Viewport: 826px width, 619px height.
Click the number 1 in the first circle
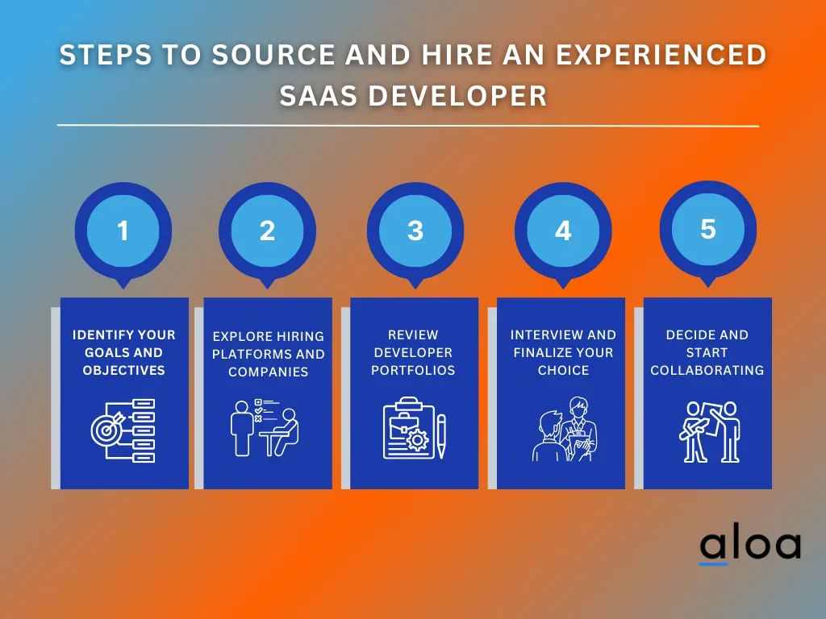point(123,231)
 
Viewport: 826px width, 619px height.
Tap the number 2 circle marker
point(267,231)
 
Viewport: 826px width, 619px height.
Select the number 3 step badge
point(415,231)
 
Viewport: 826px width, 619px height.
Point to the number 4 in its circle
point(563,231)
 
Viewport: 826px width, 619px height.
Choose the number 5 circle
point(708,230)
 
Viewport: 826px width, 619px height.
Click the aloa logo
point(750,547)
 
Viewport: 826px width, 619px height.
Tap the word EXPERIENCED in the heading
point(661,55)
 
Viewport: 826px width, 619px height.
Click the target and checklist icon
point(123,430)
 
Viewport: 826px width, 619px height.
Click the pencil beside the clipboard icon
point(441,436)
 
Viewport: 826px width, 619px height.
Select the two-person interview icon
point(564,429)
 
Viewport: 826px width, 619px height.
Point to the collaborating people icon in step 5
point(708,432)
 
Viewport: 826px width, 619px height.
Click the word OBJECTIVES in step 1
point(123,370)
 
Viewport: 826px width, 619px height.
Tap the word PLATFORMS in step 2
point(246,355)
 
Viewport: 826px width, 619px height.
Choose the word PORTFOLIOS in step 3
point(413,370)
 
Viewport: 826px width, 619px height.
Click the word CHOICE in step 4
point(563,370)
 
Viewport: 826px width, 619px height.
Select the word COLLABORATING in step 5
point(707,370)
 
